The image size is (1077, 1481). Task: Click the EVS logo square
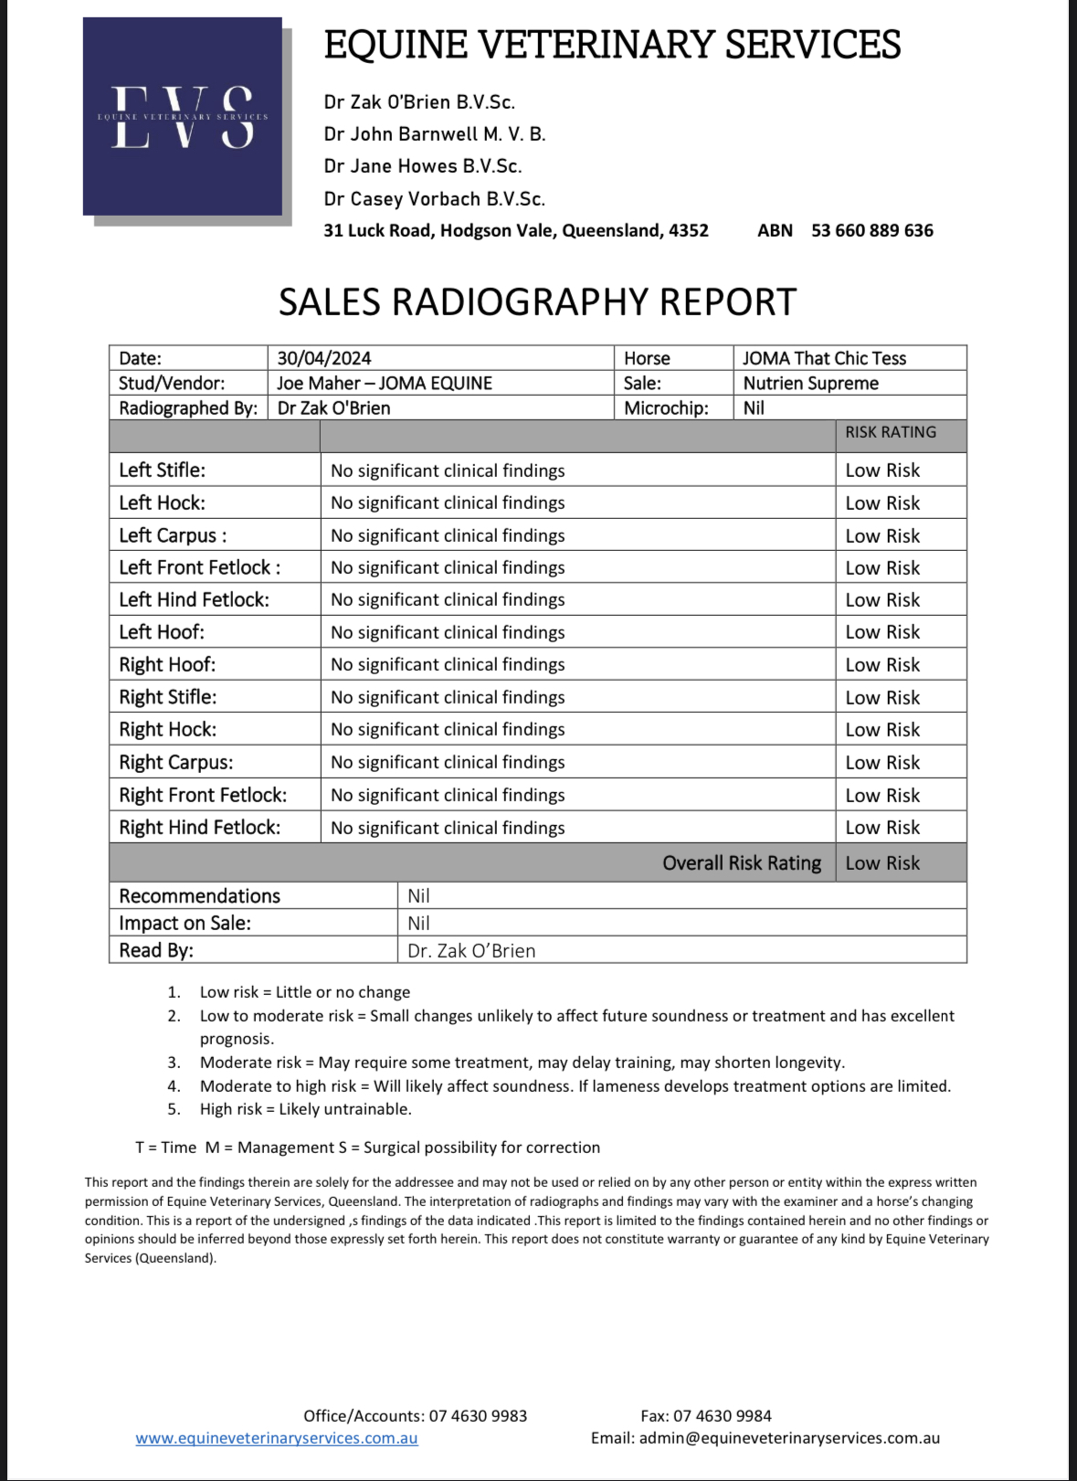click(x=183, y=116)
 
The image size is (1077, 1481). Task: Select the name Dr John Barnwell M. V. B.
click(x=435, y=134)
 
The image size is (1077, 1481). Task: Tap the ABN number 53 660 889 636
click(x=871, y=230)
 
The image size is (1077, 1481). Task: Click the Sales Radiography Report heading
click(x=537, y=302)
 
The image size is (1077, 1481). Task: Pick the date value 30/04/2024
click(x=324, y=358)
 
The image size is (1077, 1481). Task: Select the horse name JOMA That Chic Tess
click(x=824, y=358)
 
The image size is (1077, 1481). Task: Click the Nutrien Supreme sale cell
click(x=810, y=383)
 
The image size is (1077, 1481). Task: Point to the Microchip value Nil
click(x=754, y=407)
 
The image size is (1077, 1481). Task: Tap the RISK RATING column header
click(x=891, y=432)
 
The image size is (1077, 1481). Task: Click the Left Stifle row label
click(x=163, y=470)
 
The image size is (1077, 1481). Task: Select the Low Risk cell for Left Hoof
click(x=882, y=632)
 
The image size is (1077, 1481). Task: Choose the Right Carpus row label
click(x=176, y=762)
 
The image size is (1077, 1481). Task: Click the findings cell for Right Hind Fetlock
click(x=448, y=828)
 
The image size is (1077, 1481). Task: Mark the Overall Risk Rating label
click(x=742, y=863)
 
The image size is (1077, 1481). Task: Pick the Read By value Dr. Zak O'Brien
click(x=471, y=950)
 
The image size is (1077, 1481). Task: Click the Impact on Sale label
click(x=185, y=923)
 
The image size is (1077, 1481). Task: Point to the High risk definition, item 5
click(x=305, y=1109)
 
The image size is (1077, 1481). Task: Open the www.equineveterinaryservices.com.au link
click(x=277, y=1438)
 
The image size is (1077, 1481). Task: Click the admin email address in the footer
click(x=789, y=1438)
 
